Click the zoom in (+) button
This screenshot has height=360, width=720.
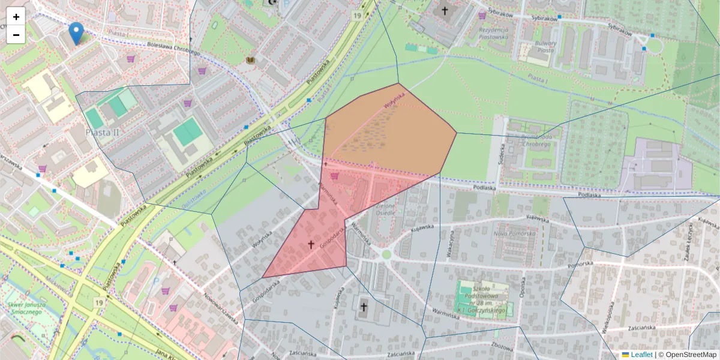[16, 17]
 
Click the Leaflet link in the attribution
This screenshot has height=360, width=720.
[641, 355]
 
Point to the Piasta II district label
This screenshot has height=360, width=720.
[103, 132]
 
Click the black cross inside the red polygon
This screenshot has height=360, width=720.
[311, 244]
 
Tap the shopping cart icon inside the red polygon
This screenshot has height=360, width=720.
[334, 176]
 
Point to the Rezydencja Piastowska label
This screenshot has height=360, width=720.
[493, 33]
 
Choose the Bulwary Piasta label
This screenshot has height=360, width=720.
[545, 47]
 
